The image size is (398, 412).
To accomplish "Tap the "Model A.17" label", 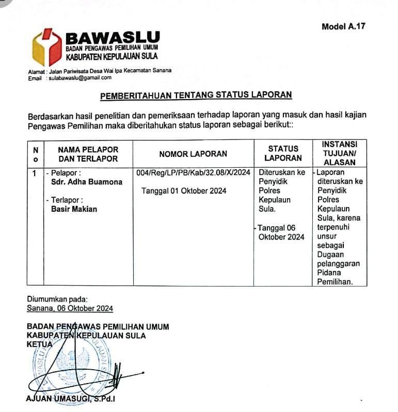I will pyautogui.click(x=343, y=26).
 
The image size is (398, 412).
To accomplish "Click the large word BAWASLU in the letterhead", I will pyautogui.click(x=113, y=37).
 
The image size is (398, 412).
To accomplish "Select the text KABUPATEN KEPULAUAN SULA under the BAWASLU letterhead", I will pyautogui.click(x=112, y=56).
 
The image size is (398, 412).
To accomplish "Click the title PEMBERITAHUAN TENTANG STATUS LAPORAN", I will pyautogui.click(x=196, y=94).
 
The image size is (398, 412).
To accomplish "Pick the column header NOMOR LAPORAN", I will pyautogui.click(x=193, y=153).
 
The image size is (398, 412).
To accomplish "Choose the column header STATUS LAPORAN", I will pyautogui.click(x=283, y=153).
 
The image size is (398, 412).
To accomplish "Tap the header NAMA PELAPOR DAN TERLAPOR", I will pyautogui.click(x=88, y=154).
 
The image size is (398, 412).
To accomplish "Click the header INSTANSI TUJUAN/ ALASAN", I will pyautogui.click(x=339, y=153).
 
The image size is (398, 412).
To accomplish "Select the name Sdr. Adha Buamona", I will pyautogui.click(x=87, y=182).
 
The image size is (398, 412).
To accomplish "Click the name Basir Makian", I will pyautogui.click(x=74, y=209).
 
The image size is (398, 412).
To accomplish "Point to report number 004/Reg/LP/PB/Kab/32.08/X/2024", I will pyautogui.click(x=193, y=172).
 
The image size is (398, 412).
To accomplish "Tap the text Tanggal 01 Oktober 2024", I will pyautogui.click(x=184, y=191).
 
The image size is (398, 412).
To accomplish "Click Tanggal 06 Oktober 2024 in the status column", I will pyautogui.click(x=281, y=232).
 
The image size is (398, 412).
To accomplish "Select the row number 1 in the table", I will pyautogui.click(x=34, y=173).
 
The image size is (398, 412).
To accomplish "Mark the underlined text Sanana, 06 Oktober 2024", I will pyautogui.click(x=70, y=308).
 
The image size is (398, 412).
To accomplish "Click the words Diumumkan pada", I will pyautogui.click(x=57, y=298).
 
